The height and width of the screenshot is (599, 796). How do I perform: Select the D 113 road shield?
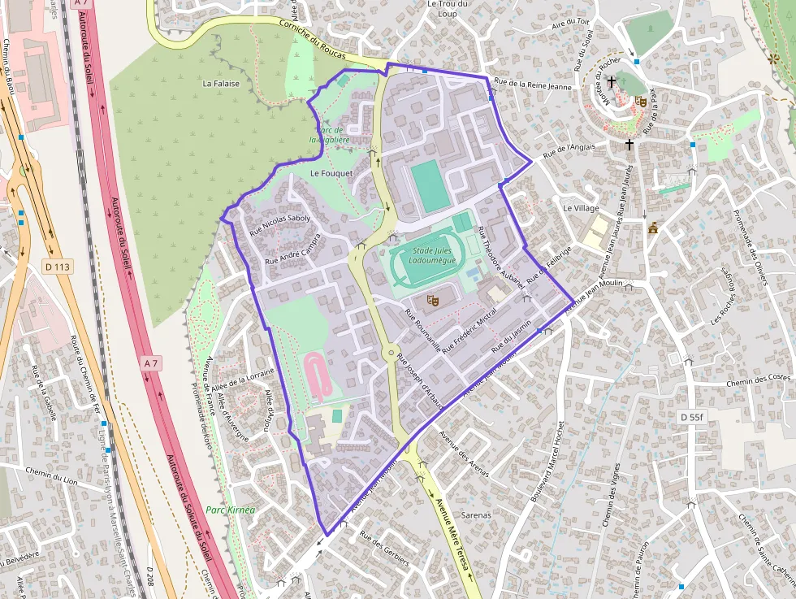(x=58, y=266)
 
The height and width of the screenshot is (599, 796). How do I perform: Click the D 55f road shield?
(x=692, y=417)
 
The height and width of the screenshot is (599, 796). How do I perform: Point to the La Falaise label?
(x=221, y=83)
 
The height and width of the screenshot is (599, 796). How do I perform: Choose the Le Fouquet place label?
(x=331, y=173)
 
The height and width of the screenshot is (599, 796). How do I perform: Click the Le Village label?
(x=581, y=208)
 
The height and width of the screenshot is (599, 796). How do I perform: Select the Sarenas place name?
(x=476, y=515)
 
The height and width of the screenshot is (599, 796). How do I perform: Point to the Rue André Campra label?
(x=294, y=249)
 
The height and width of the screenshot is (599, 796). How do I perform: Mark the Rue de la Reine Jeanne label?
(x=533, y=85)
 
